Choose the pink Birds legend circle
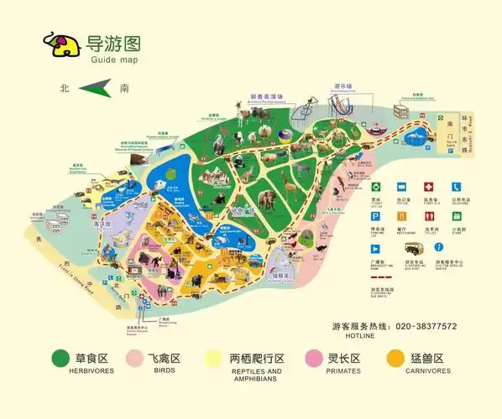[x=135, y=359]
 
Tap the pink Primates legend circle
[x=315, y=359]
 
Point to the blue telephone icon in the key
[x=456, y=187]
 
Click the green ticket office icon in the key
[x=377, y=187]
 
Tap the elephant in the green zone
[x=268, y=199]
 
